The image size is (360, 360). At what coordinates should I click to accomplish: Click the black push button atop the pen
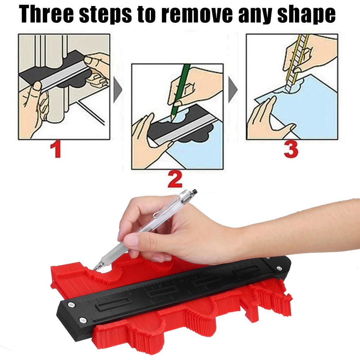pos(194,192)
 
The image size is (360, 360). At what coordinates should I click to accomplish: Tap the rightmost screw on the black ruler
pos(278,269)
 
